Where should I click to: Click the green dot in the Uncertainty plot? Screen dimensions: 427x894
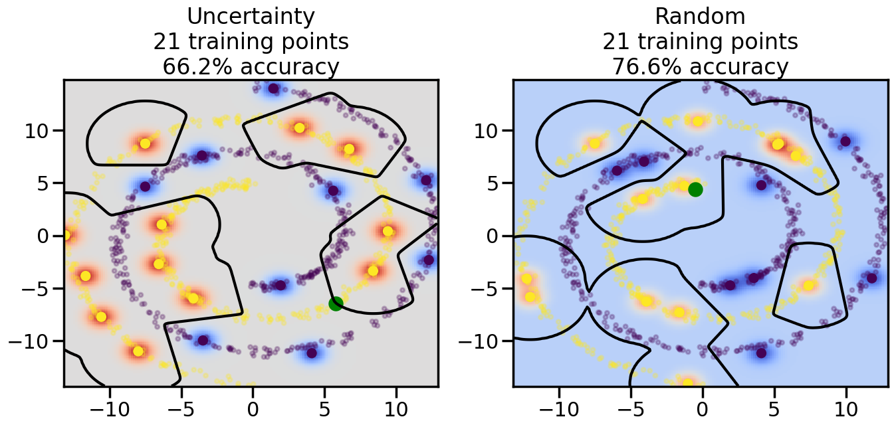(336, 303)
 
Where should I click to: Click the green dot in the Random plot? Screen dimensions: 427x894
(695, 189)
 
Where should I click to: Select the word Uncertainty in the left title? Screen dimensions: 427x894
(251, 16)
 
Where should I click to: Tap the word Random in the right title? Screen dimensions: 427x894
(700, 16)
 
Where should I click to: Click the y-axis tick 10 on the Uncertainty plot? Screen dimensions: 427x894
(39, 130)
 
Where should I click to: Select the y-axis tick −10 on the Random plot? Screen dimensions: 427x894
(479, 341)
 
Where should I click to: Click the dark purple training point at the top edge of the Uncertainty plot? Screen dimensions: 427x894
(273, 88)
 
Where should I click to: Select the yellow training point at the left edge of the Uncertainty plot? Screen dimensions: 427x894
(66, 235)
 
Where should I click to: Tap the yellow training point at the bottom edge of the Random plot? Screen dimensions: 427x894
(688, 383)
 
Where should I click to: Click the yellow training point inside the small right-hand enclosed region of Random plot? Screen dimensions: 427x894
(808, 286)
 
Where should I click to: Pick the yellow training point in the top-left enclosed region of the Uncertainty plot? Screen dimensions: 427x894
(145, 143)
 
